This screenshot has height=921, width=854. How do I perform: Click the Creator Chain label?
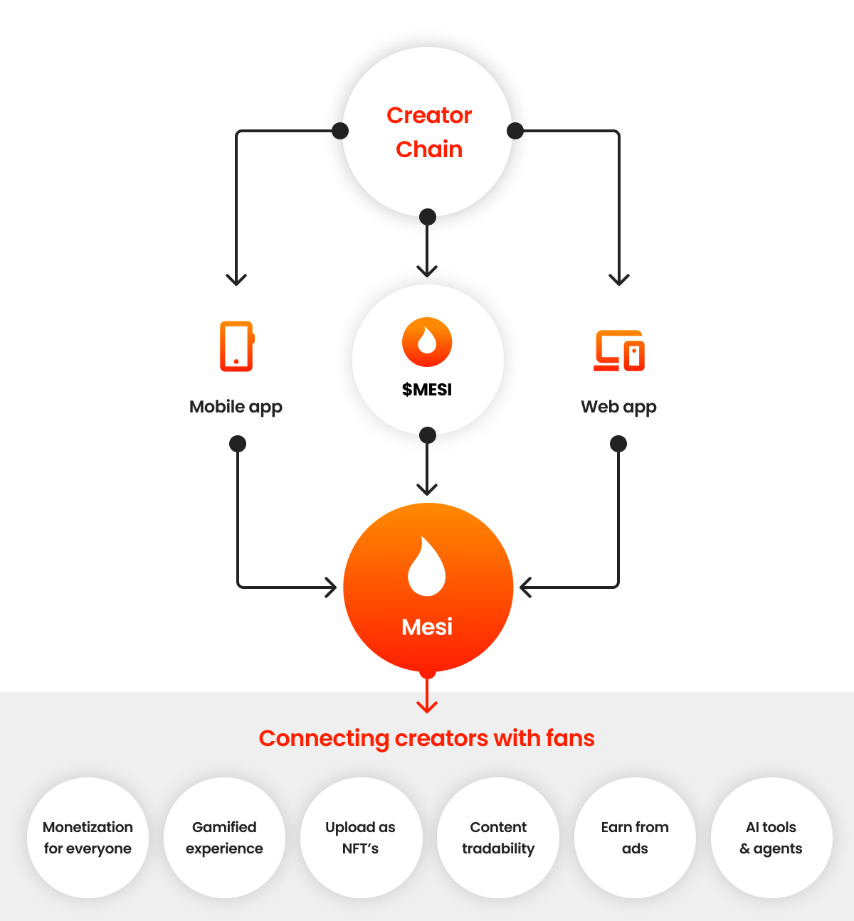point(429,132)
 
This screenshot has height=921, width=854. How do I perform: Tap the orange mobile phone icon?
point(237,346)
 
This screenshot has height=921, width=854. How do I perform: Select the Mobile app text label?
point(236,407)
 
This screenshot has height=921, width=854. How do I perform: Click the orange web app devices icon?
point(619,351)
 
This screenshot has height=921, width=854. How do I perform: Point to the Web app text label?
point(618,407)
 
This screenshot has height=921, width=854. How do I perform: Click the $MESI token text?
point(427,390)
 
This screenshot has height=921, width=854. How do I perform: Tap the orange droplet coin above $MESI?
point(427,342)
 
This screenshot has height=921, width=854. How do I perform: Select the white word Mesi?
point(427,627)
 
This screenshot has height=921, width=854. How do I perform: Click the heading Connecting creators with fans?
point(427,738)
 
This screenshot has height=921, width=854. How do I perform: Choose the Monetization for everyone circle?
point(88,838)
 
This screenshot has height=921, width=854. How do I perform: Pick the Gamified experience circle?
point(224,838)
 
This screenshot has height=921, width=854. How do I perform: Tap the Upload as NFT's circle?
point(361,838)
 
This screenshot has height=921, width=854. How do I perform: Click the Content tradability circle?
point(498,838)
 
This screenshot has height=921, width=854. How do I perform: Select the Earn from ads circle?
point(635,838)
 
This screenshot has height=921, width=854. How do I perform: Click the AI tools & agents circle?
point(771,838)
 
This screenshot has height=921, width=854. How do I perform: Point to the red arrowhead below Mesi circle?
point(427,706)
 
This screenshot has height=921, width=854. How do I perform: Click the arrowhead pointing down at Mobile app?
point(236,280)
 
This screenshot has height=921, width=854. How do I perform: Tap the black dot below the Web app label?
point(618,444)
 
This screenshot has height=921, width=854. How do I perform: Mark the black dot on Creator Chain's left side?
point(340,131)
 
